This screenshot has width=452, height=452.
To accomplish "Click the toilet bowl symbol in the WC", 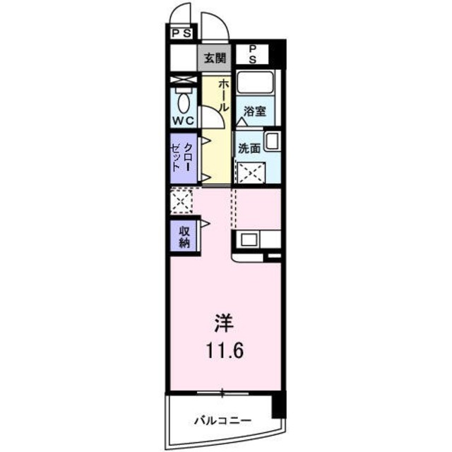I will (x=184, y=103).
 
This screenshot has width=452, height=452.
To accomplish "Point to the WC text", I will (x=184, y=121).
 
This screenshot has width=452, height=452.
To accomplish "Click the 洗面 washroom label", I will (x=249, y=149).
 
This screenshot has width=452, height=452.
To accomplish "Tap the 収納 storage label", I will (x=184, y=236).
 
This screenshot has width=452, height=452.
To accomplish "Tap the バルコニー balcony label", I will (x=222, y=420).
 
